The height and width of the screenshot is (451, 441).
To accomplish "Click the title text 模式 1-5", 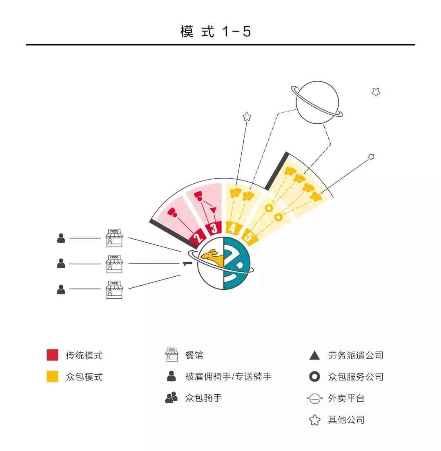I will (216, 31).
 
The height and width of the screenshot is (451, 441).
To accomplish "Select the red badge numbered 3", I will (214, 228).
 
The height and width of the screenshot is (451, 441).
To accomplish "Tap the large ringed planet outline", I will (317, 102).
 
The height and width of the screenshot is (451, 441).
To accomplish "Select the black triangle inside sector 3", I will (213, 210).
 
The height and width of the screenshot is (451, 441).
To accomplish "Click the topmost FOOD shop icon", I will (114, 238).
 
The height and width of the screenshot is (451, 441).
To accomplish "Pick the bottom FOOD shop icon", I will (114, 289).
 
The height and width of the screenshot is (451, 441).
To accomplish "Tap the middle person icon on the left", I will (61, 264).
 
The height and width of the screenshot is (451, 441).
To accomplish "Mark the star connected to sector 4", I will (247, 117).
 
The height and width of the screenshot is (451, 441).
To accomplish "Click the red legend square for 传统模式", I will (52, 355).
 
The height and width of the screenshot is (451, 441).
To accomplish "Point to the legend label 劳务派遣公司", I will (356, 355).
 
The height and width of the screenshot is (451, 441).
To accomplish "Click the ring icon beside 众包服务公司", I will (314, 377).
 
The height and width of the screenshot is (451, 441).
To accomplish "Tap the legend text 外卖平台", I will (346, 398).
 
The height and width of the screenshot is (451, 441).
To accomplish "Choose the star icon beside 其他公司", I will (314, 420).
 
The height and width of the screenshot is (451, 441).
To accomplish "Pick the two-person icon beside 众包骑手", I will (171, 398).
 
